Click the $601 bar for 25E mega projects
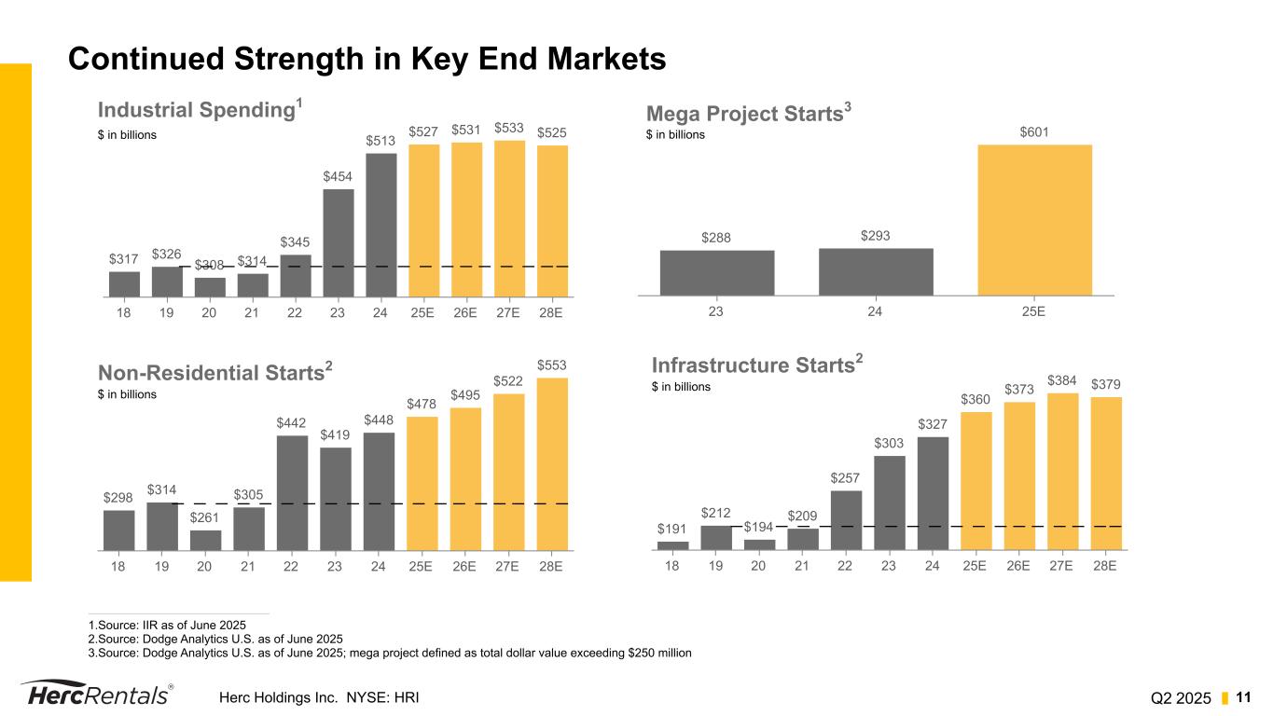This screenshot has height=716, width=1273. point(1034,219)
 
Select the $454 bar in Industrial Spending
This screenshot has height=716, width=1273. point(339,242)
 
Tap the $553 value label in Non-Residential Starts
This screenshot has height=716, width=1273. point(551,364)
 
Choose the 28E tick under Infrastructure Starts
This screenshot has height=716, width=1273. point(1105,565)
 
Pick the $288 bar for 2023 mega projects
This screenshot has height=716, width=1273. point(716,272)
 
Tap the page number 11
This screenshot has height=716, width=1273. point(1243,697)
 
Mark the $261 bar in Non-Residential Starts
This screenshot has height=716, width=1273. point(205,540)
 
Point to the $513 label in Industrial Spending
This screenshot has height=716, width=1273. point(381,141)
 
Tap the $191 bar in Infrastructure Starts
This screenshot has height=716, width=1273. point(672,545)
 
